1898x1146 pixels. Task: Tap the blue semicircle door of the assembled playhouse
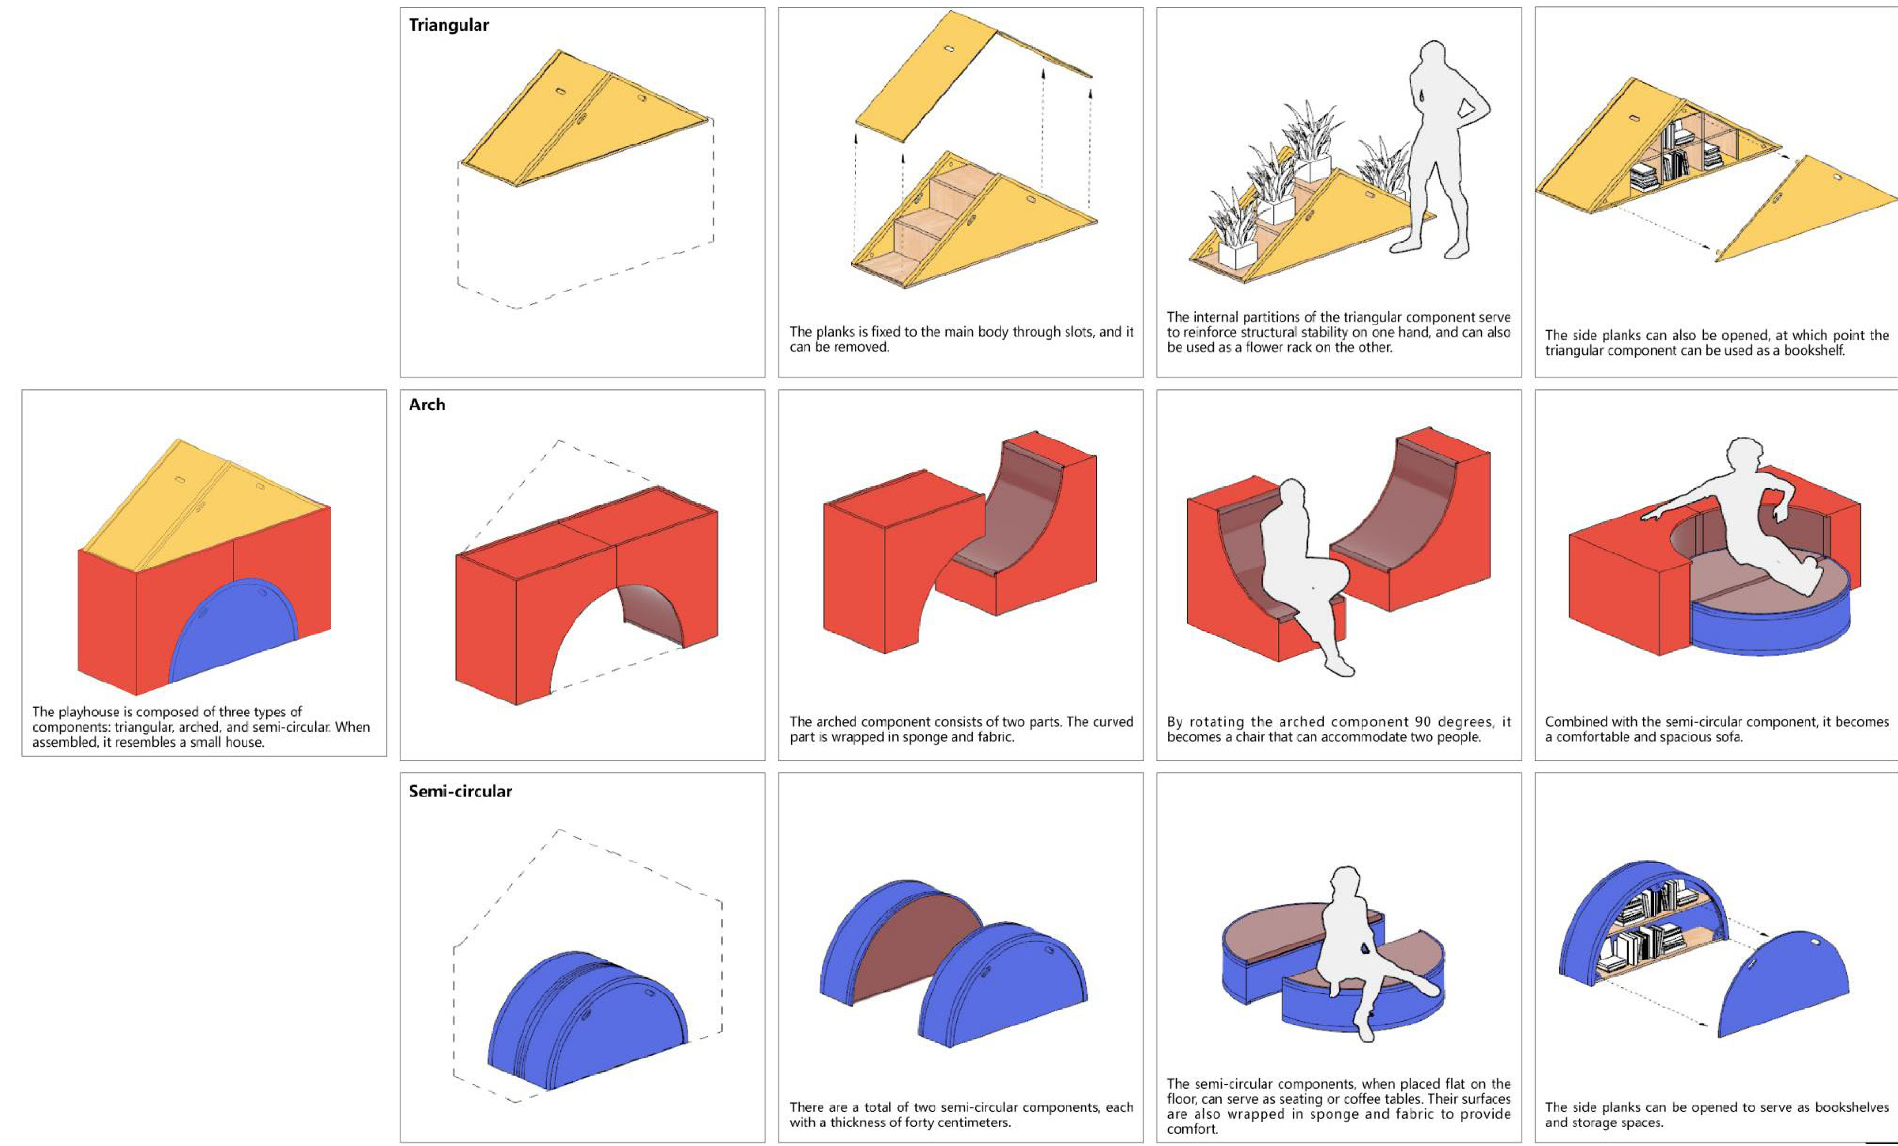(233, 632)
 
